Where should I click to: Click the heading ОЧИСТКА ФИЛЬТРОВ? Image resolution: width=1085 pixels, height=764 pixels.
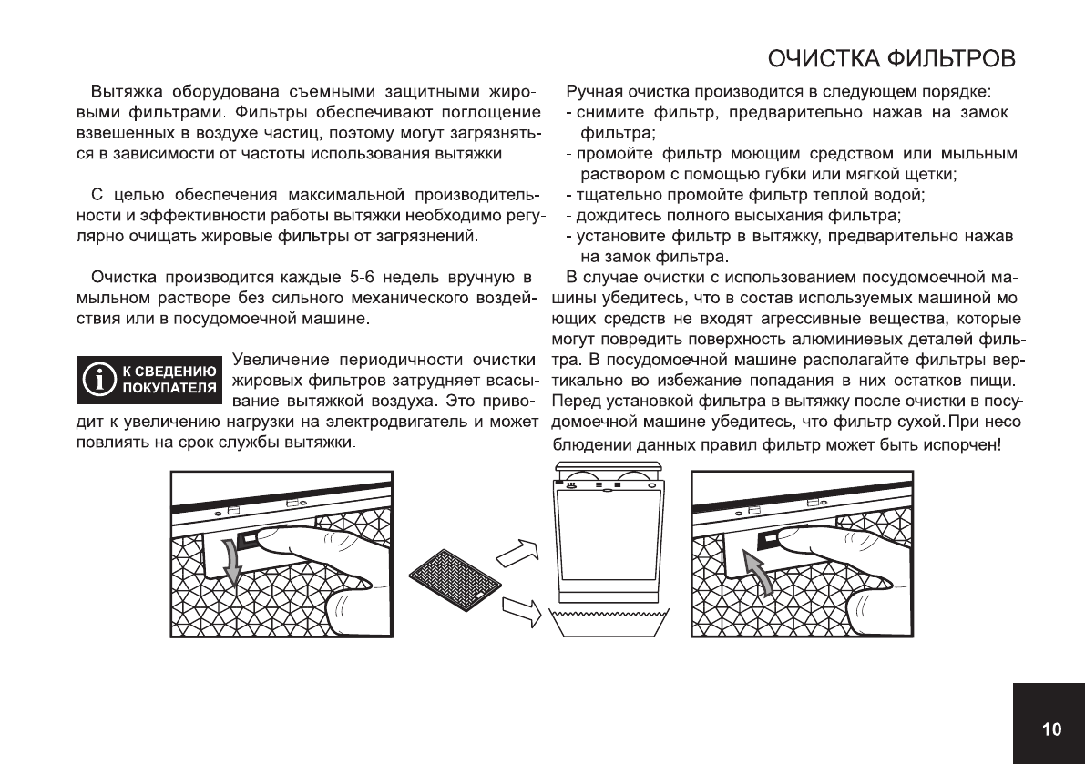891,60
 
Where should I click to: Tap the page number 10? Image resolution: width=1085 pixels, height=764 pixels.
1051,728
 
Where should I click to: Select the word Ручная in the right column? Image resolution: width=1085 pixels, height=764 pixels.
593,92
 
